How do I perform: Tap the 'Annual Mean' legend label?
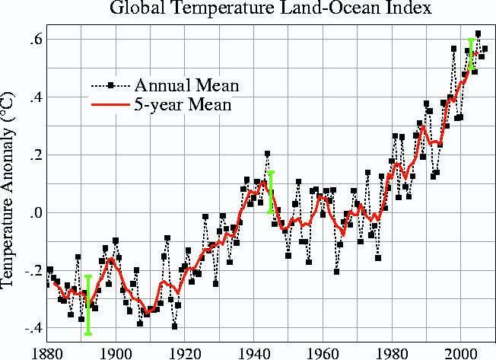coord(186,84)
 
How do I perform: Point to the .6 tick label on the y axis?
coord(33,40)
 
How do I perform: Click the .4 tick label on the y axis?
coord(33,97)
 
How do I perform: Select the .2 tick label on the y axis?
coord(33,155)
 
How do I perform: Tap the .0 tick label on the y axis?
coord(33,213)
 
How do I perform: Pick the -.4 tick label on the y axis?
coord(30,329)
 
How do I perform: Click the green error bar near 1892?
coord(88,304)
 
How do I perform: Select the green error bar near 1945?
coord(271,192)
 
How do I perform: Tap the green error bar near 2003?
coord(471,54)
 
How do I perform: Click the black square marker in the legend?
coord(111,84)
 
